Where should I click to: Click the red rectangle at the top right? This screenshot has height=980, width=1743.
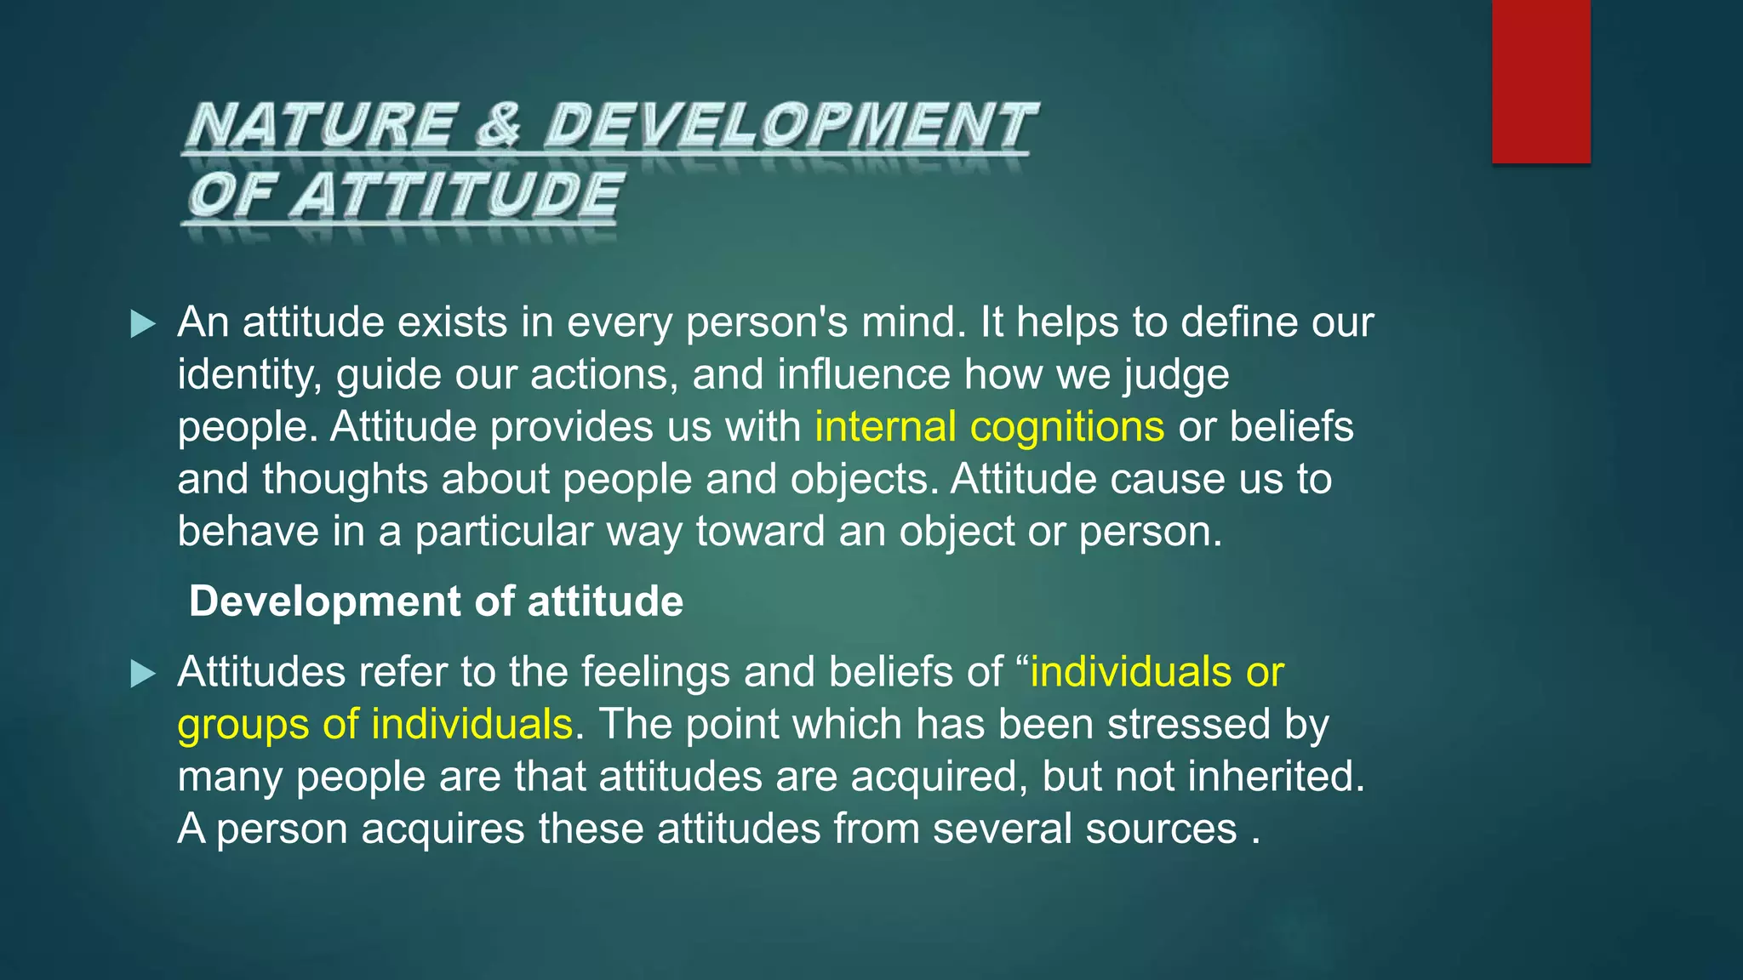tap(1540, 81)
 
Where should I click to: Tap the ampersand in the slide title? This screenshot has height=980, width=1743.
tap(499, 124)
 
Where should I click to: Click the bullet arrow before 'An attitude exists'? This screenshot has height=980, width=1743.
tap(143, 324)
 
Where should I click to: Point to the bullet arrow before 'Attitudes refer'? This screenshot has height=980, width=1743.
tap(143, 674)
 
